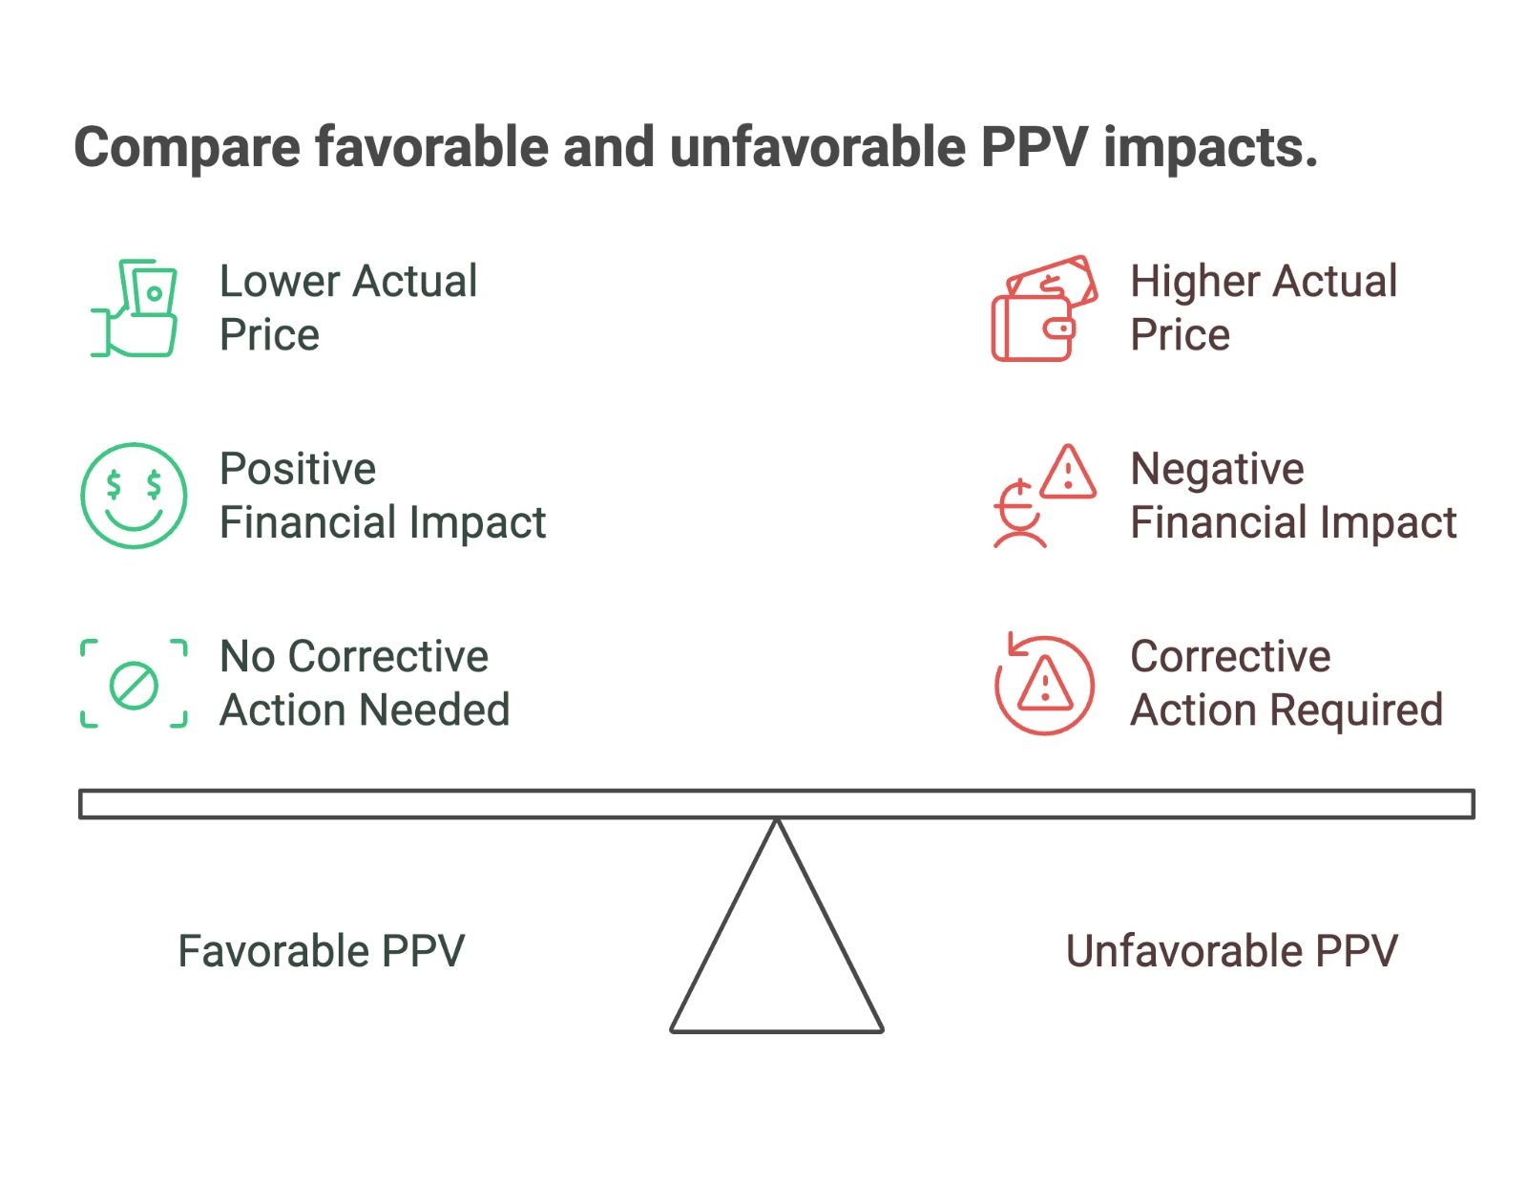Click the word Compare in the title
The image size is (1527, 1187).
coord(187,148)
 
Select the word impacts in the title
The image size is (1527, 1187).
coord(1210,148)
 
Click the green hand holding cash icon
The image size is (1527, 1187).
coord(134,307)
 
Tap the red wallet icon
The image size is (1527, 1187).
coord(1044,307)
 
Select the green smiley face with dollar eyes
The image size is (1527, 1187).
coord(134,495)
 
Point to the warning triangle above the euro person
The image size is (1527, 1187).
coord(1067,472)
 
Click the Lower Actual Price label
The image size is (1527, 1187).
coord(348,307)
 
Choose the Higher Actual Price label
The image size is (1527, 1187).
coord(1264,307)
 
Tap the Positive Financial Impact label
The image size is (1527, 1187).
coord(383,496)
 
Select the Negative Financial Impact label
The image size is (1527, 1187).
coord(1294,496)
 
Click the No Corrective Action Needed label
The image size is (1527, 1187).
coord(365,683)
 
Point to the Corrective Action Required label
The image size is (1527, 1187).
coord(1286,683)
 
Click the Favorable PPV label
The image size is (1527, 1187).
coord(321,951)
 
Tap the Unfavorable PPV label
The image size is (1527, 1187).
coord(1231,951)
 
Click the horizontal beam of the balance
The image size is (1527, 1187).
coord(777,804)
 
